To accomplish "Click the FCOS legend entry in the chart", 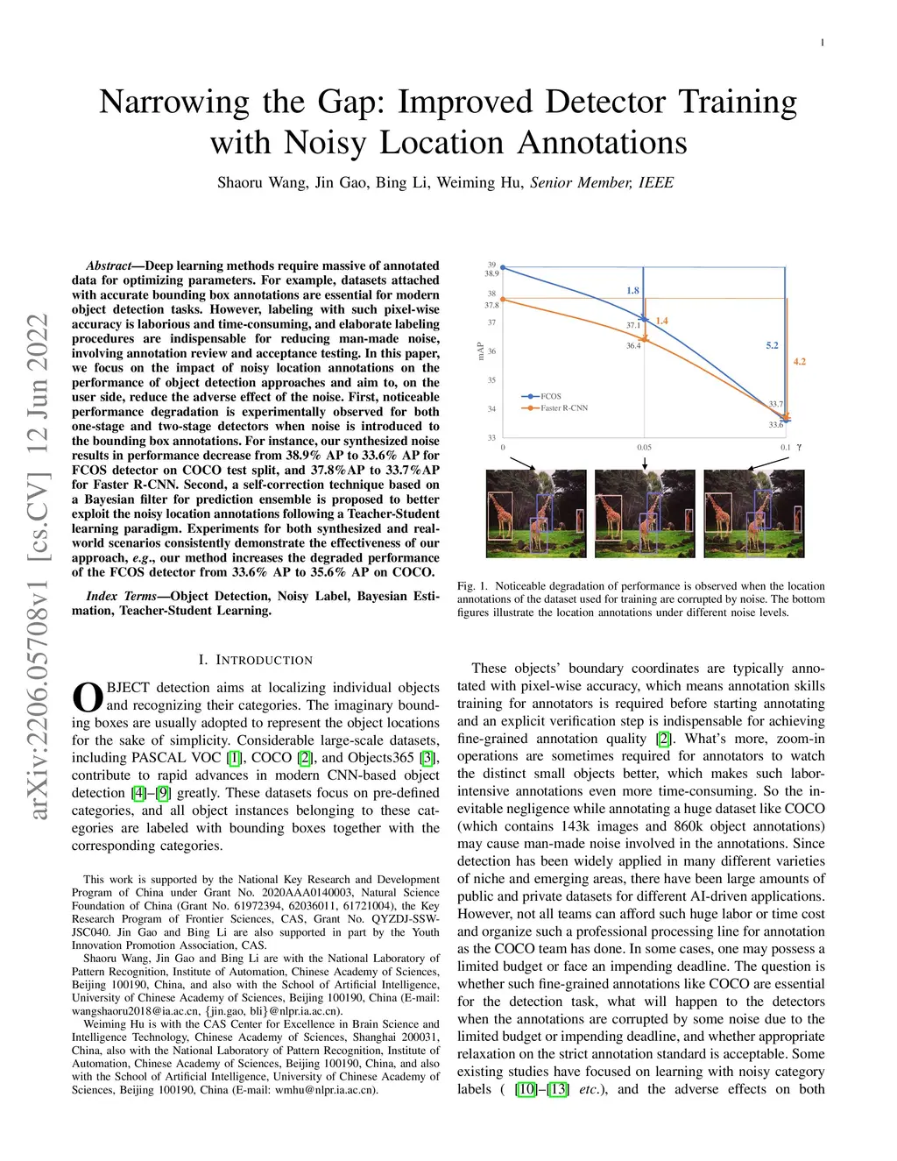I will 550,397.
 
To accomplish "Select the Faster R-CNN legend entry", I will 563,408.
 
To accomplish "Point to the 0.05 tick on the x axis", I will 644,448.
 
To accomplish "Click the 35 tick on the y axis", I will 491,380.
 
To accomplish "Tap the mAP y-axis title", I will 480,351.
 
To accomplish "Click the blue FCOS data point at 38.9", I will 503,268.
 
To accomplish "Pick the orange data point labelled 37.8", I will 503,299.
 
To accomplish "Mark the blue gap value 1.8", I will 632,291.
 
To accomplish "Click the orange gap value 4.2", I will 799,361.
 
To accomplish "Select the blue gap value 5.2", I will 772,346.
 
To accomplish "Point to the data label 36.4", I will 632,346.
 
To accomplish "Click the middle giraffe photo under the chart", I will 645,513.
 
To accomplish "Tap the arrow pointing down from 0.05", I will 645,462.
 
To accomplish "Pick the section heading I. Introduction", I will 256,660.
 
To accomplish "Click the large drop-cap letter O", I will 87,697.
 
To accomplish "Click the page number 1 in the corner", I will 823,43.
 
